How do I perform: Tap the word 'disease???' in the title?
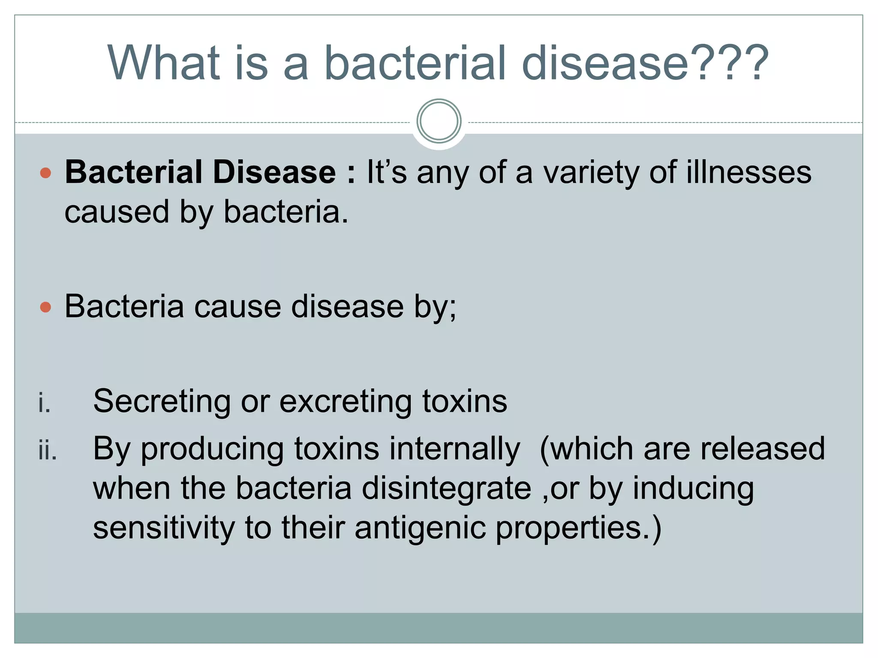click(645, 63)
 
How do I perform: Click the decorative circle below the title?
click(439, 121)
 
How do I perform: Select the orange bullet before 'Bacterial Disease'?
click(45, 173)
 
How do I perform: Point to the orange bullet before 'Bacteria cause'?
click(45, 307)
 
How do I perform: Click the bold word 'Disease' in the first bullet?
click(274, 172)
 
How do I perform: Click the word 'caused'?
click(117, 212)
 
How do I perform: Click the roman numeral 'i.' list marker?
click(44, 403)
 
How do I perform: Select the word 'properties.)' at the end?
click(579, 529)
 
